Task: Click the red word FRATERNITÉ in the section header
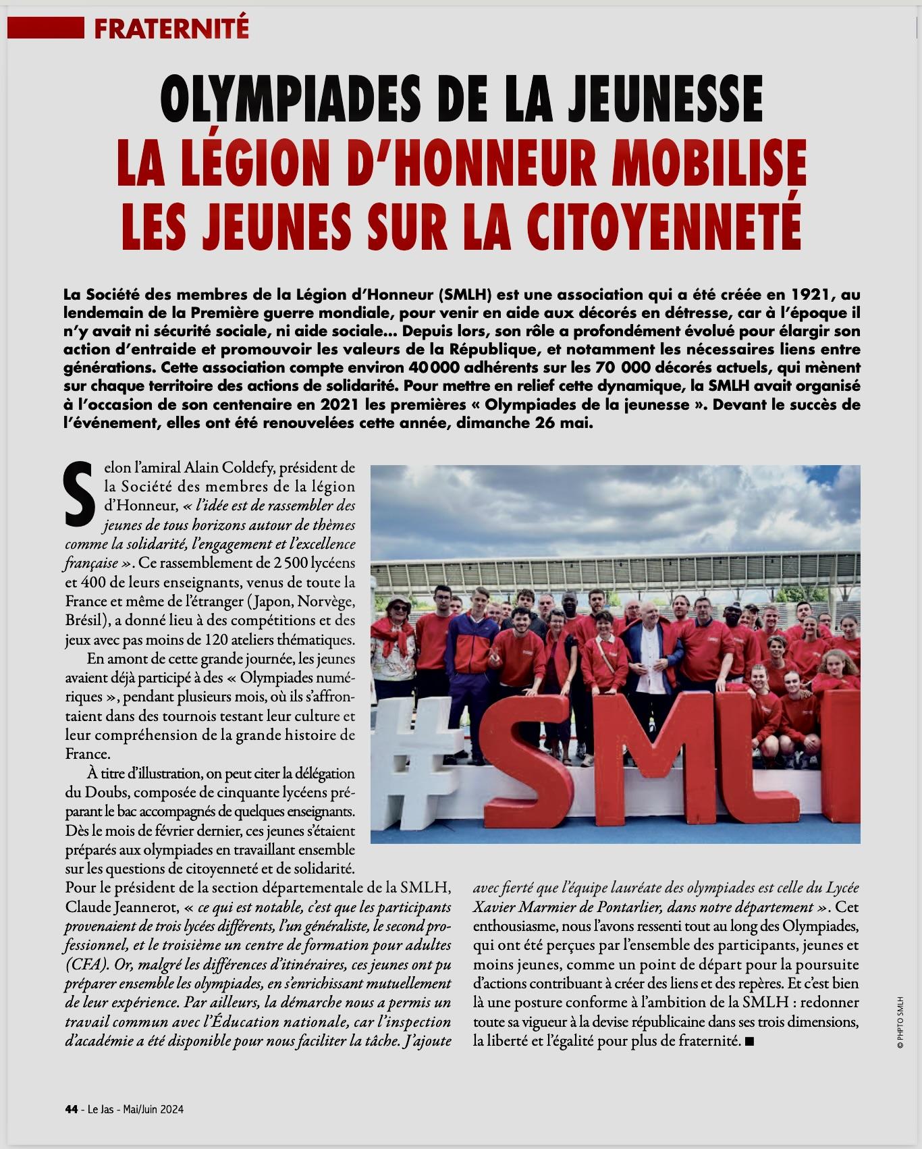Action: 171,28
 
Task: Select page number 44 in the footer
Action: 71,1109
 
